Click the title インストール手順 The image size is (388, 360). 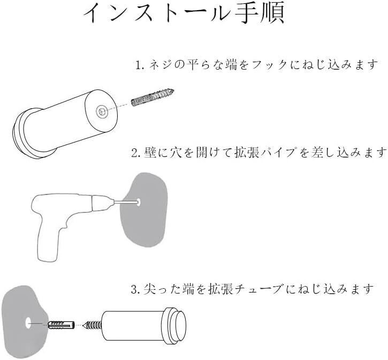click(x=184, y=13)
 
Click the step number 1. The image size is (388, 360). click(x=139, y=65)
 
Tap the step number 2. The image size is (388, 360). click(x=136, y=153)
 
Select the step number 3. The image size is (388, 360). click(x=136, y=289)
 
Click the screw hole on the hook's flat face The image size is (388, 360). click(x=102, y=111)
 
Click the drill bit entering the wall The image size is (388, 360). click(x=127, y=202)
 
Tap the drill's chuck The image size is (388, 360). click(x=102, y=202)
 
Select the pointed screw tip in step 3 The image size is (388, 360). click(x=86, y=325)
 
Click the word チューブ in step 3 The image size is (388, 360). click(x=258, y=289)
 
